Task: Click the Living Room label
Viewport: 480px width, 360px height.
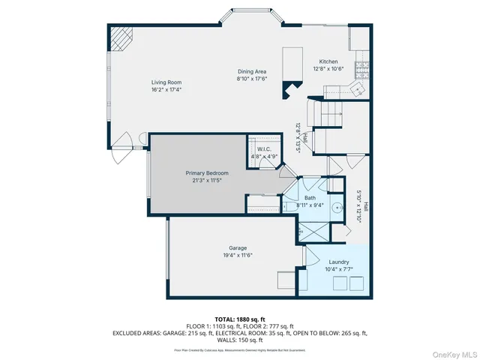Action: (x=166, y=82)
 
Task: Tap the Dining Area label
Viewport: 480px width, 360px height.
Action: (x=252, y=72)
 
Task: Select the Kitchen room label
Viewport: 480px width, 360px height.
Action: (x=328, y=61)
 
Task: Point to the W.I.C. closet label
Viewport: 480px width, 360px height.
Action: (x=264, y=149)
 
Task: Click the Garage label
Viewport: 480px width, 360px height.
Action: (x=238, y=248)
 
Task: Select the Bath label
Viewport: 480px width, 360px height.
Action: (x=310, y=198)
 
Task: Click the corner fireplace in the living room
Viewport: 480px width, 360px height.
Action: (x=120, y=37)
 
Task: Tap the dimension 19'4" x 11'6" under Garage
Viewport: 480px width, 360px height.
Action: (x=238, y=256)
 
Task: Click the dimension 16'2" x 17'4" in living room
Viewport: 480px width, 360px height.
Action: (x=166, y=89)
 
